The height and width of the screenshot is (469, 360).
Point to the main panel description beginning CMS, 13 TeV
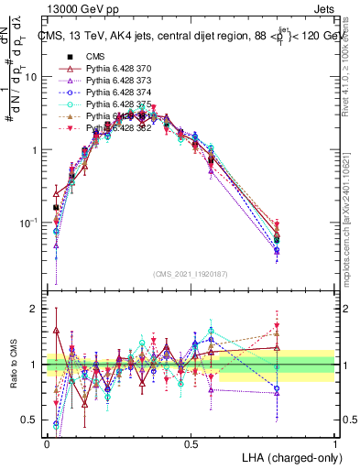click(192, 37)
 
